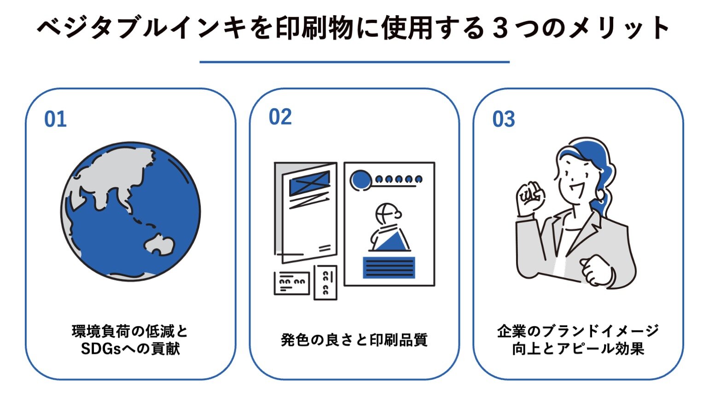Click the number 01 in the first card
(x=55, y=119)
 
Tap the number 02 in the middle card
(x=280, y=117)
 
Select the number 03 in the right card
(x=504, y=119)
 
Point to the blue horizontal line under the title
(x=354, y=62)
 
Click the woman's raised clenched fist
(x=530, y=198)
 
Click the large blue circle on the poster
(x=361, y=180)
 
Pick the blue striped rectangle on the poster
(x=389, y=268)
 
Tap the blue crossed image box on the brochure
(x=309, y=183)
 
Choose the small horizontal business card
(x=292, y=283)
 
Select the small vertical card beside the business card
(x=325, y=282)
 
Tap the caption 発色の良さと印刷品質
(x=354, y=340)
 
